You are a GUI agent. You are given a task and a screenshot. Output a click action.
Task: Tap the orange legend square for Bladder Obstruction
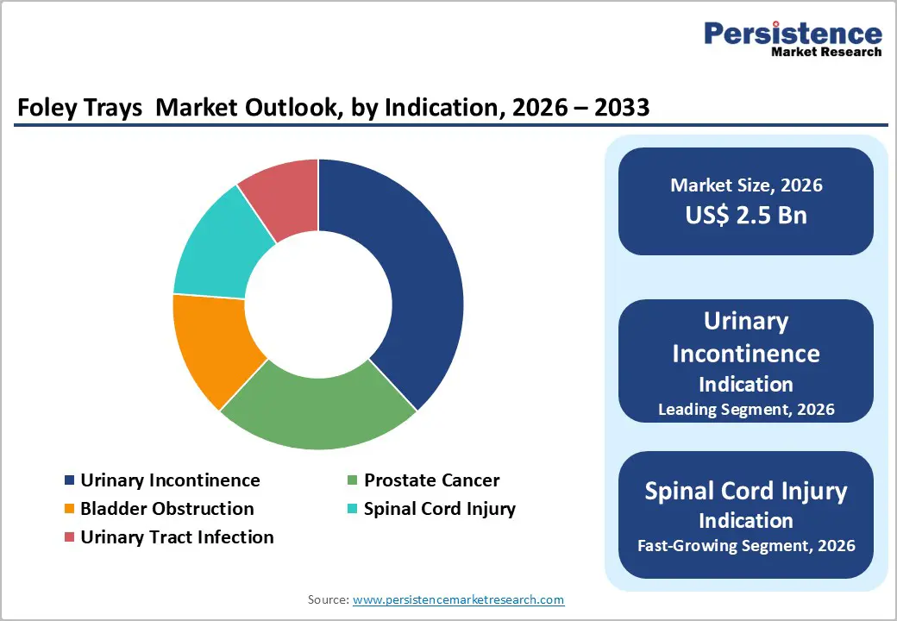click(x=69, y=509)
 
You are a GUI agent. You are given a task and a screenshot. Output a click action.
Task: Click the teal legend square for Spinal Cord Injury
click(x=352, y=509)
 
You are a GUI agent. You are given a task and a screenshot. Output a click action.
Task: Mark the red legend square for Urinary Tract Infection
click(x=69, y=537)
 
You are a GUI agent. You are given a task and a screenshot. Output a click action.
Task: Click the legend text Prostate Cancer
click(x=431, y=480)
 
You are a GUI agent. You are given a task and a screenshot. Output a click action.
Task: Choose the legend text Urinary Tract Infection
click(x=177, y=536)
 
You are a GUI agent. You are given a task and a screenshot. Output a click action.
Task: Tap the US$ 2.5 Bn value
click(x=746, y=214)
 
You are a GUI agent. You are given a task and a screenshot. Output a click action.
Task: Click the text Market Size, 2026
click(x=746, y=185)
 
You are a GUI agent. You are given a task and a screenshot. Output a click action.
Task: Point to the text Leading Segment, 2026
click(x=746, y=409)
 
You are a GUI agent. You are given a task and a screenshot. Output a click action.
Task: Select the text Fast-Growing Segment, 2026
click(x=746, y=545)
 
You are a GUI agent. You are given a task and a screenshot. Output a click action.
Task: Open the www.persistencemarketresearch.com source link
click(x=458, y=599)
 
